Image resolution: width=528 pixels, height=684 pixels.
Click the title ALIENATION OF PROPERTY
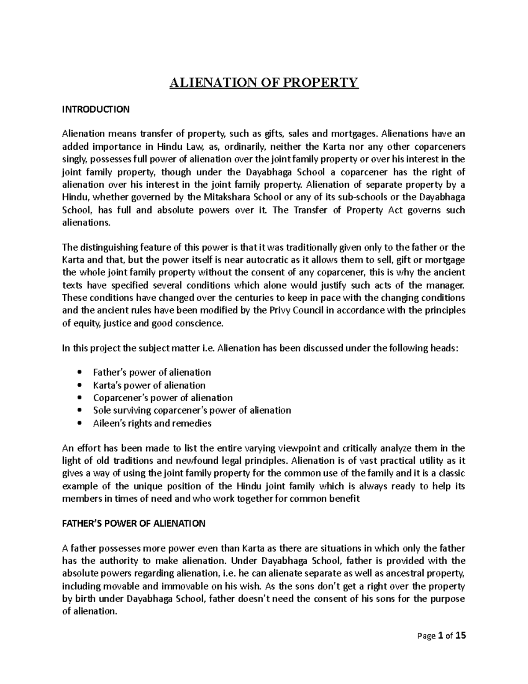click(264, 82)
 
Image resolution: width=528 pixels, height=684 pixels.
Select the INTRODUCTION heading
click(95, 109)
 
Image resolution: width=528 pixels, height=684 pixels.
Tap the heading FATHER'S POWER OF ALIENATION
click(133, 524)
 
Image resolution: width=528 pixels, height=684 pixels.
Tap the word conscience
click(201, 323)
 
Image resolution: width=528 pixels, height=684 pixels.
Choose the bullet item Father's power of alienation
click(152, 373)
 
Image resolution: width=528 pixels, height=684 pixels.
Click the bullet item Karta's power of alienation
click(149, 385)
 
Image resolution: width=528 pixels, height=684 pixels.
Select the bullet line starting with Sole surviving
click(192, 410)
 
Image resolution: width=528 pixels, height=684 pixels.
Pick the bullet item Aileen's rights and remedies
click(152, 423)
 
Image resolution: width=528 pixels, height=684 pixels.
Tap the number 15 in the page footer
click(460, 636)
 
